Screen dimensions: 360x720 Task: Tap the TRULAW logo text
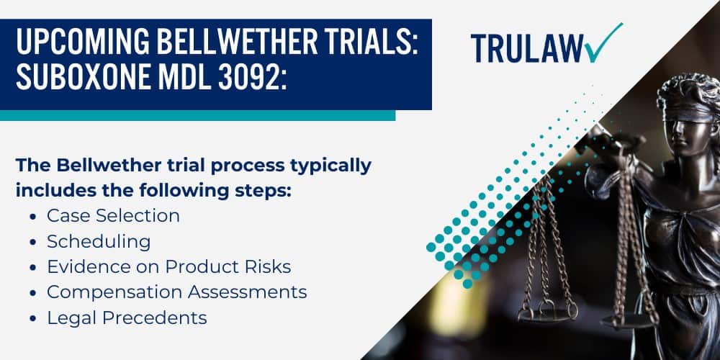point(526,48)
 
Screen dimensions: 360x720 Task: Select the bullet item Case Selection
point(113,215)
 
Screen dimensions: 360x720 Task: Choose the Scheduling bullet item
point(99,240)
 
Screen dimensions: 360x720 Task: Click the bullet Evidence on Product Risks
point(168,266)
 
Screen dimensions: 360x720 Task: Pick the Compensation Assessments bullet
point(176,292)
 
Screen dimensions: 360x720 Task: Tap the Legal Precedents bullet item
point(127,318)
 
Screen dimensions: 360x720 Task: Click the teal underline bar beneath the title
point(197,115)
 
